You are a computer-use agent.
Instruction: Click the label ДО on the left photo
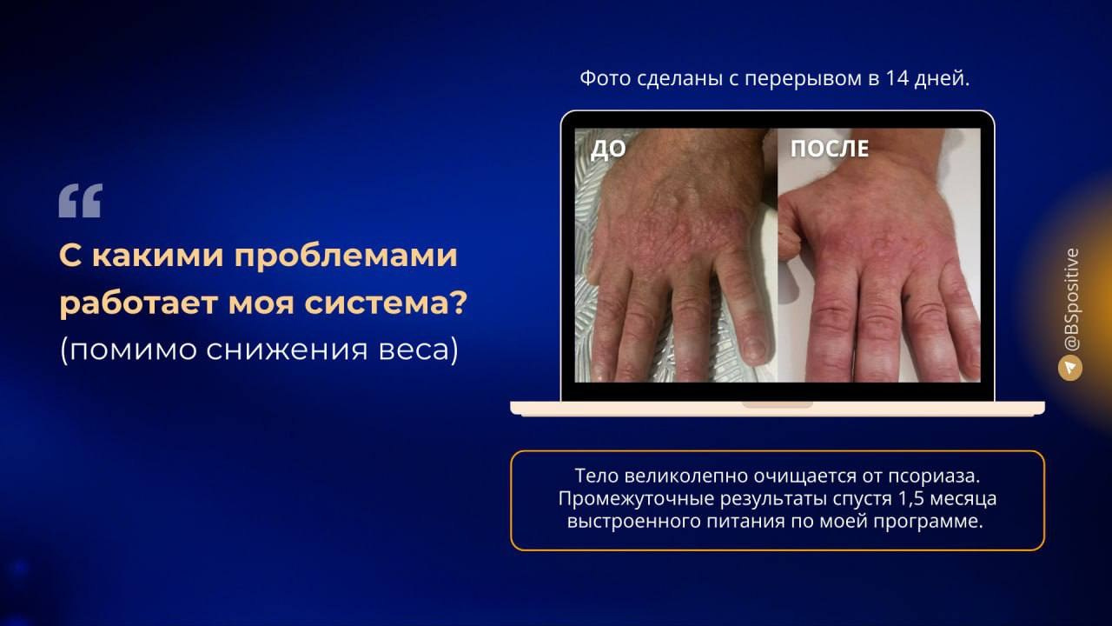coord(608,150)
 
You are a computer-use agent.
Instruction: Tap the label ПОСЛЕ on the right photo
coord(829,149)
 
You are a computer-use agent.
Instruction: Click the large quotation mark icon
coord(81,201)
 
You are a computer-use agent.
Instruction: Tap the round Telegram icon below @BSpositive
coord(1070,368)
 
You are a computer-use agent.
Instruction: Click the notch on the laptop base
coord(777,404)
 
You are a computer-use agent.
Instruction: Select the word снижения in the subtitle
coord(301,350)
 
